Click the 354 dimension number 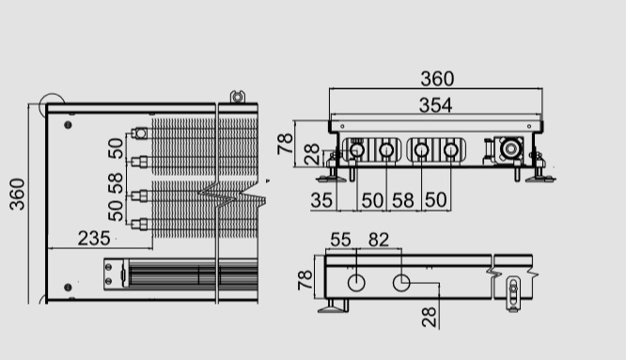435,105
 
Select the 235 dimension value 94,238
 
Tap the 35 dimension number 321,200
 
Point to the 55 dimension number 340,240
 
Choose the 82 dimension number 379,240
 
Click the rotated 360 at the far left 17,195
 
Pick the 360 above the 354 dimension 437,79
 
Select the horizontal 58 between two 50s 403,200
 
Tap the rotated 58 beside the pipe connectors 116,183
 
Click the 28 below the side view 430,318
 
